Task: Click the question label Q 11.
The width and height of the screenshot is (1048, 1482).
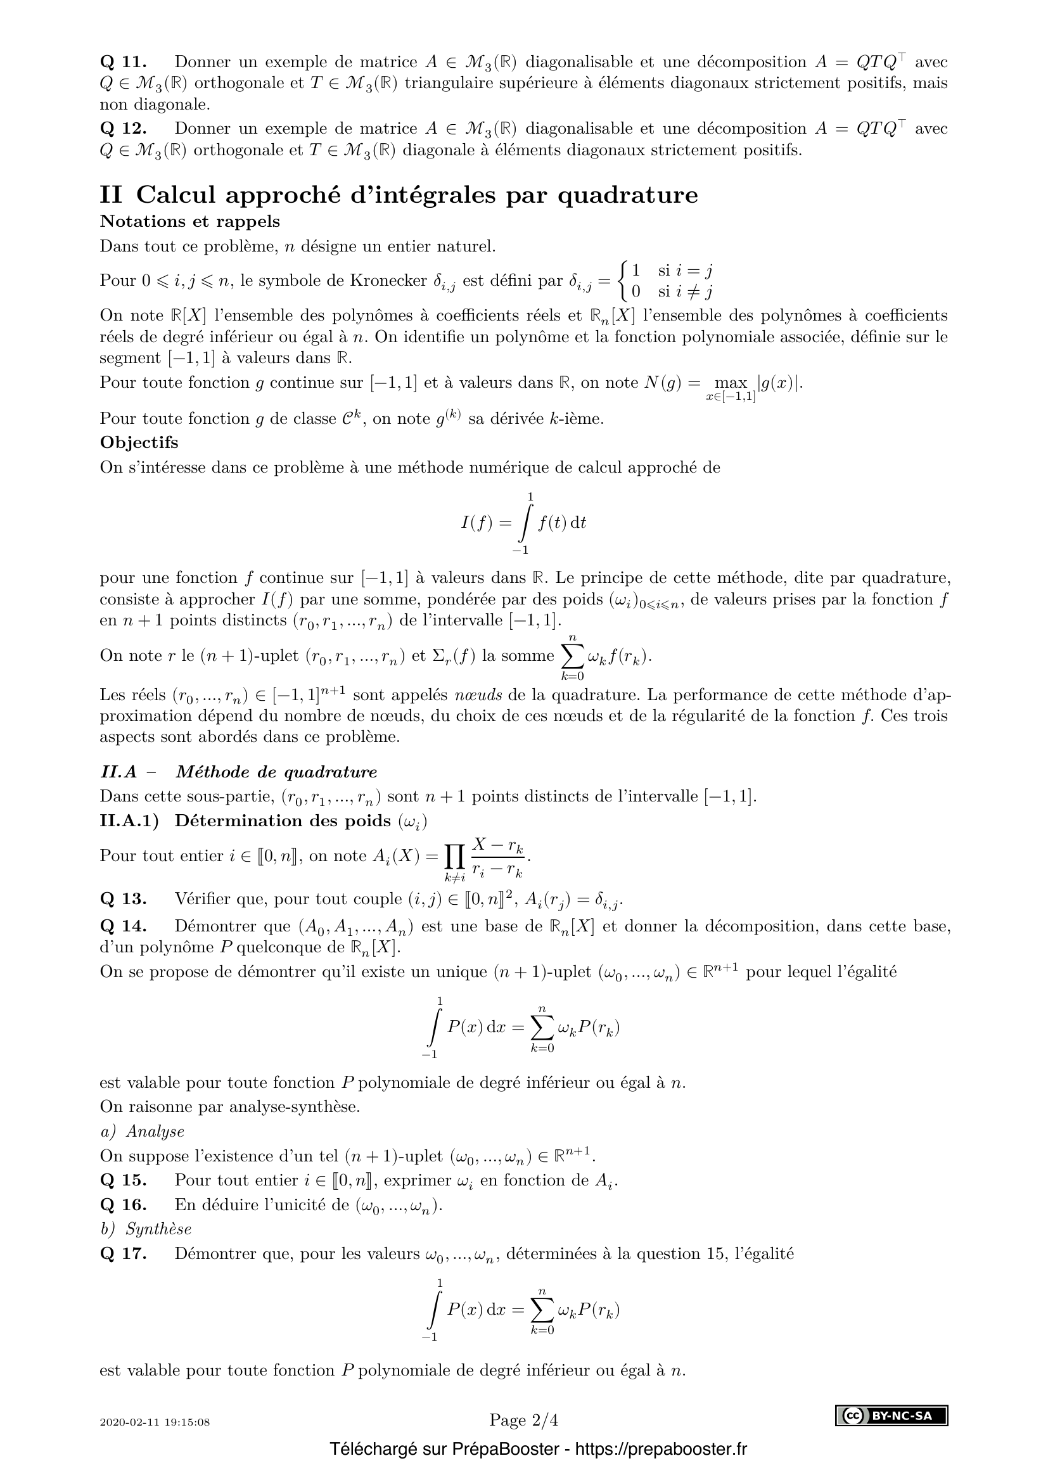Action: (124, 62)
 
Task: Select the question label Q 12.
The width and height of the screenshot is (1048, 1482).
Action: (124, 129)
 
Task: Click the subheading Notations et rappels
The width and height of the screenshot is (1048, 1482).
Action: (189, 221)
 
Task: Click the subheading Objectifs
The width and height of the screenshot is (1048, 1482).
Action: (139, 442)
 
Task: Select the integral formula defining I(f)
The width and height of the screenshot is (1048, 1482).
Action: (523, 522)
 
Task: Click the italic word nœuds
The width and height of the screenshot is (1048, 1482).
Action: (479, 695)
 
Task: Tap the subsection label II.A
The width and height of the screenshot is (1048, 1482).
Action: (118, 772)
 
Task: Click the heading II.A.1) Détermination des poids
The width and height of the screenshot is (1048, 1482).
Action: (264, 821)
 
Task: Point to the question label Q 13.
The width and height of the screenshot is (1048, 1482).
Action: (124, 898)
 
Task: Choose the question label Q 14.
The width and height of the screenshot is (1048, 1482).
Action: (124, 926)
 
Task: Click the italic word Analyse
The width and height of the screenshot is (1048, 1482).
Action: (155, 1131)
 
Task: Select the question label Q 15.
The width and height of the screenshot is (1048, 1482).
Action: (124, 1180)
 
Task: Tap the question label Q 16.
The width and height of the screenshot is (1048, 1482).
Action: (124, 1204)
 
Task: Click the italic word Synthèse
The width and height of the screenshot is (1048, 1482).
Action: (158, 1229)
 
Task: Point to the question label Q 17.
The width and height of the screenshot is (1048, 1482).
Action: (124, 1253)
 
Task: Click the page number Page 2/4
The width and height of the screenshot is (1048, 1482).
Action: (523, 1420)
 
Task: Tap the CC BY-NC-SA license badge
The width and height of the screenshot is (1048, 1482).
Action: (891, 1415)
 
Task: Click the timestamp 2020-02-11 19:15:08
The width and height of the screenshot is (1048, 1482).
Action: (155, 1422)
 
